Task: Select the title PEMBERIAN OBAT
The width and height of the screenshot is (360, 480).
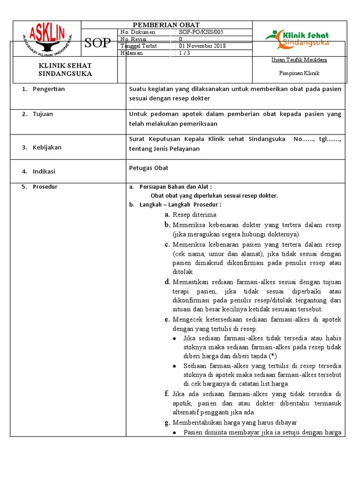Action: [167, 25]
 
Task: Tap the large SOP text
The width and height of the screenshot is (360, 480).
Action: [97, 44]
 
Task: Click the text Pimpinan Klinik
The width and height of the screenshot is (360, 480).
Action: [300, 74]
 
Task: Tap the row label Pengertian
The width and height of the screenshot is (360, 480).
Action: [49, 89]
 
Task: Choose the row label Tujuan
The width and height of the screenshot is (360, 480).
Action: [43, 114]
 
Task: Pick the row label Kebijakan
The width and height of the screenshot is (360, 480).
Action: [47, 147]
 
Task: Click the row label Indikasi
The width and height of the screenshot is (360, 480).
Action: [44, 172]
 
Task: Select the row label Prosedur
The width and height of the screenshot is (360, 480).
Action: [45, 187]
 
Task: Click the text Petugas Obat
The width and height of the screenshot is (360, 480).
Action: [149, 168]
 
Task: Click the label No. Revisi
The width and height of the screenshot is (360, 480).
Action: [134, 39]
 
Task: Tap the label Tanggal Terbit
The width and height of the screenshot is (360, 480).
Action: [139, 46]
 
